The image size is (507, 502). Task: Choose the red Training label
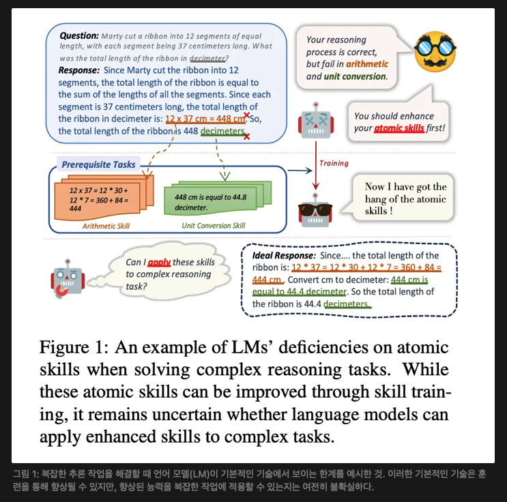point(334,163)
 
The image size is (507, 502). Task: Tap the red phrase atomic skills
point(399,128)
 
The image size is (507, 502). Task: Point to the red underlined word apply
point(158,262)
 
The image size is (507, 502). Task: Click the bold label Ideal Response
point(280,255)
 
